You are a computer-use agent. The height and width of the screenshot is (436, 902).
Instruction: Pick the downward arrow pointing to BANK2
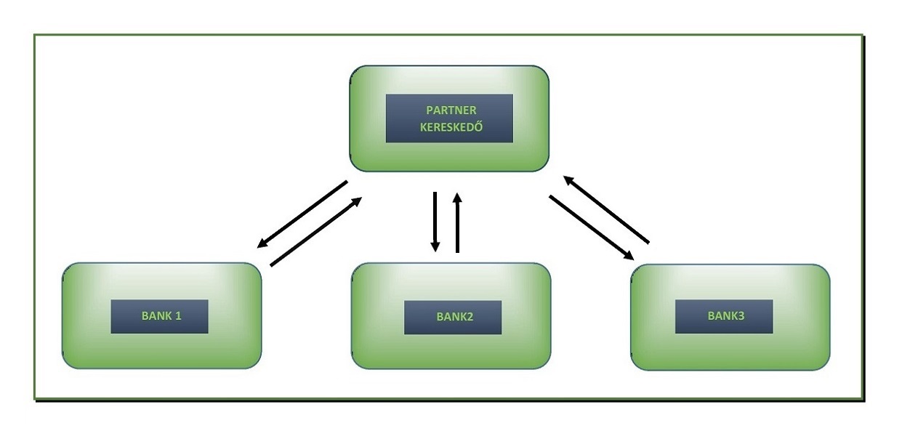435,222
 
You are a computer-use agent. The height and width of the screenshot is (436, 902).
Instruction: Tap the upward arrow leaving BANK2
457,222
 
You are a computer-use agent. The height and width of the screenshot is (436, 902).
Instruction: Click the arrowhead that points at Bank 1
262,243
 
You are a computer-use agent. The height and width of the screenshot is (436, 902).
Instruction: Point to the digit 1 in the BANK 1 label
177,316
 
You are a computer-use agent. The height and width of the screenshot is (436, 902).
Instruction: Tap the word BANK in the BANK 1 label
155,316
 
